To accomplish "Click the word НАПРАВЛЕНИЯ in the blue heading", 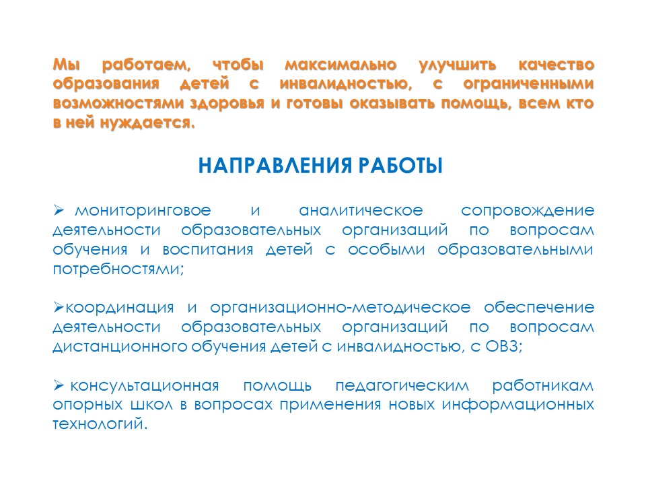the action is pos(275,166).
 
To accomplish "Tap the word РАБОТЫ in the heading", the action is pos(400,166).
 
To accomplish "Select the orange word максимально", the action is pos(340,65).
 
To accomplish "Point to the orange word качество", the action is pos(557,65).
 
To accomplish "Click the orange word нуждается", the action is pos(147,123).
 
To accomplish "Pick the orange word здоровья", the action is pos(227,104).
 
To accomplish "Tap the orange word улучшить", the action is pos(458,65).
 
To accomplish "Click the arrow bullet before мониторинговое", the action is pos(59,211).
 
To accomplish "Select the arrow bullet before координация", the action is pos(59,307).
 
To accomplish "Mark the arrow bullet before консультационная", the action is pos(59,385).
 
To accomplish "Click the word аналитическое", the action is pos(361,211).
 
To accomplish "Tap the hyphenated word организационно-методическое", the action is pos(340,308).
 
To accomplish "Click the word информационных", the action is pos(518,406).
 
